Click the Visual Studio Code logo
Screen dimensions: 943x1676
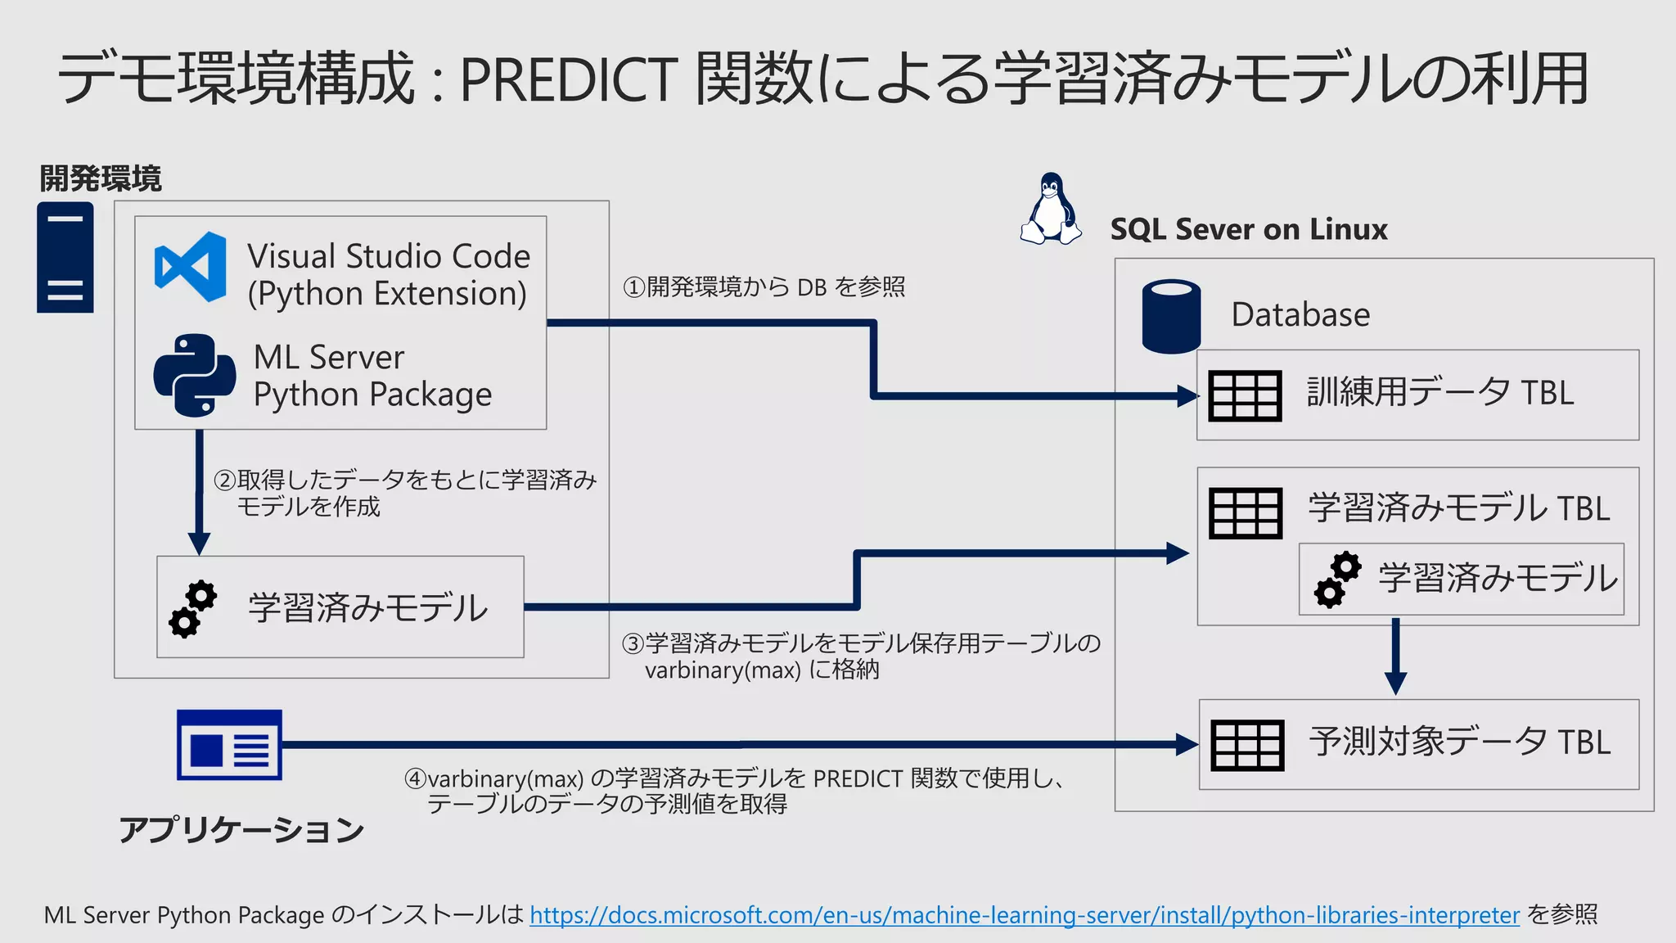point(191,267)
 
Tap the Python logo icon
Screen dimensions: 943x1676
point(194,375)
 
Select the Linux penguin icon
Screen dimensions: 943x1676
point(1050,210)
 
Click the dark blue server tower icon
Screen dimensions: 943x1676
point(65,258)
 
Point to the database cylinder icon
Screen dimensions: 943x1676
point(1171,316)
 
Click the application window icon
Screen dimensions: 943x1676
point(229,745)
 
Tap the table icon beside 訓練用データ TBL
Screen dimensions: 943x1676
point(1245,395)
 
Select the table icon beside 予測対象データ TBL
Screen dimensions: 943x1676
point(1247,745)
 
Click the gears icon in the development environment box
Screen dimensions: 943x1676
point(193,609)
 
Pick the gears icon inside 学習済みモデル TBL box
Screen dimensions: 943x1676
point(1337,580)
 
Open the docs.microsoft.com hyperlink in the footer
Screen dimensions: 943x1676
point(1024,915)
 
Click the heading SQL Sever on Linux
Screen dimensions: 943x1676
point(1248,229)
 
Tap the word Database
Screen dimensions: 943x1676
point(1300,315)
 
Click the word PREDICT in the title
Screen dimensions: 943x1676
point(569,79)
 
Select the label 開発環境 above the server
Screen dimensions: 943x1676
point(100,178)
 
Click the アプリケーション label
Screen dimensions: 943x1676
point(241,830)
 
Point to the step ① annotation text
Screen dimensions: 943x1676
point(764,287)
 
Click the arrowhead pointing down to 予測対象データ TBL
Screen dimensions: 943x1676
point(1395,683)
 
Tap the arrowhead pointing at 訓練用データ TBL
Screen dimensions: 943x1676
point(1187,396)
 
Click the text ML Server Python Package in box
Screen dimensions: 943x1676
point(372,376)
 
